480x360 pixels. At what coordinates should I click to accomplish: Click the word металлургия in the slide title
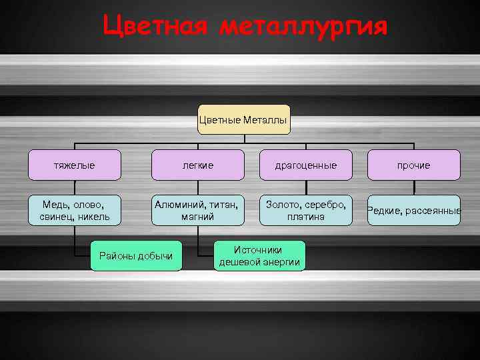click(x=303, y=27)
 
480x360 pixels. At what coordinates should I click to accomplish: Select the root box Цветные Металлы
click(x=243, y=120)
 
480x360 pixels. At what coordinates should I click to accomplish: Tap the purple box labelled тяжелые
click(x=74, y=165)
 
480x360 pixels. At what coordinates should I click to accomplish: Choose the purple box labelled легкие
click(x=198, y=165)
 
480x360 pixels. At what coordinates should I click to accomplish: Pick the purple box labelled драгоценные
click(x=306, y=165)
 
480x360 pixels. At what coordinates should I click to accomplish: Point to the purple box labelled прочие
click(x=414, y=165)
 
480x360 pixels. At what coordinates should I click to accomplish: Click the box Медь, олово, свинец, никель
click(x=74, y=209)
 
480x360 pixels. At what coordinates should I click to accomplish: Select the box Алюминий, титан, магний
click(x=198, y=209)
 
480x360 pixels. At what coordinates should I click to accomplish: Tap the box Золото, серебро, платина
click(x=306, y=209)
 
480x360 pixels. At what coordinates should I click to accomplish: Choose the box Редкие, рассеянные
click(x=414, y=211)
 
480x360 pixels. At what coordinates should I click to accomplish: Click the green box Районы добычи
click(x=136, y=255)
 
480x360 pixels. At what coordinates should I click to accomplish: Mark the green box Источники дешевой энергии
click(x=260, y=255)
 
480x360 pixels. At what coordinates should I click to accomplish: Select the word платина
click(x=306, y=217)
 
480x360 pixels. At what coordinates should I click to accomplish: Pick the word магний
click(x=198, y=217)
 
